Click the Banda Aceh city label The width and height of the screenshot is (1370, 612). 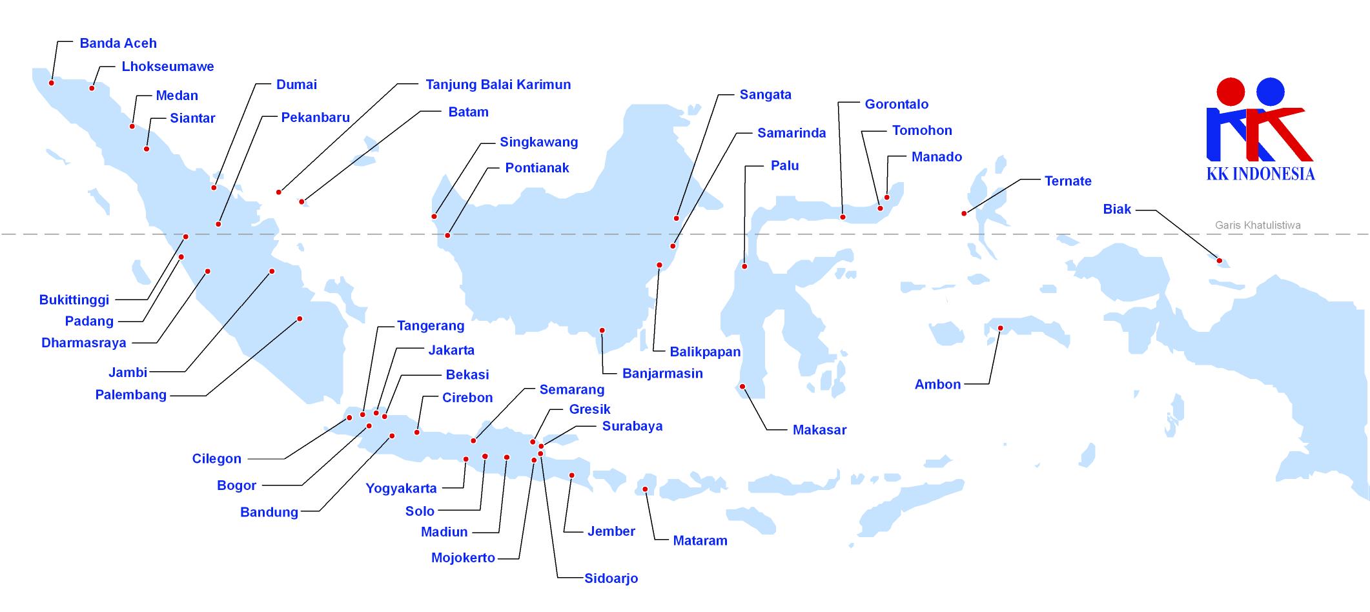(118, 43)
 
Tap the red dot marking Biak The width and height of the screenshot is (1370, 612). (1220, 261)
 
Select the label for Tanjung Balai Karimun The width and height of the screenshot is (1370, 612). (498, 85)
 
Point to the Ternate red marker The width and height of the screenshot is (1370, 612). (964, 214)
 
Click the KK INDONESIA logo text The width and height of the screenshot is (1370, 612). (1261, 174)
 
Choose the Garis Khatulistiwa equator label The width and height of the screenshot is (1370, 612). (1258, 225)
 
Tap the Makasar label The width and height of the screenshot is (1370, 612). (819, 430)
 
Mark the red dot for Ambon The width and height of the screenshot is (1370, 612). (1001, 329)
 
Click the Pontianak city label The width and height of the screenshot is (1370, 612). (537, 168)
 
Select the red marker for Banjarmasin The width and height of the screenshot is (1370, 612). (602, 331)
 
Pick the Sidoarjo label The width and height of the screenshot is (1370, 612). (611, 578)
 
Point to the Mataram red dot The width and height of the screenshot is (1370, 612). (645, 489)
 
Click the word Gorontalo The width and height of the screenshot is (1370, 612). (897, 104)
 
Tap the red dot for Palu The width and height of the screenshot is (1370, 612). (744, 267)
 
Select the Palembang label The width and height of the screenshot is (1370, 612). (131, 394)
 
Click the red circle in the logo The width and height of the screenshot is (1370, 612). (1231, 92)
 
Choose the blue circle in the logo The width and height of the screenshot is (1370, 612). (1271, 92)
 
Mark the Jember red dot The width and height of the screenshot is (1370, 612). (571, 476)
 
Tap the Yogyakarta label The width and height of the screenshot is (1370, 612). (402, 489)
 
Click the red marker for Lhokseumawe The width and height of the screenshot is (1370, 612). (92, 88)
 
